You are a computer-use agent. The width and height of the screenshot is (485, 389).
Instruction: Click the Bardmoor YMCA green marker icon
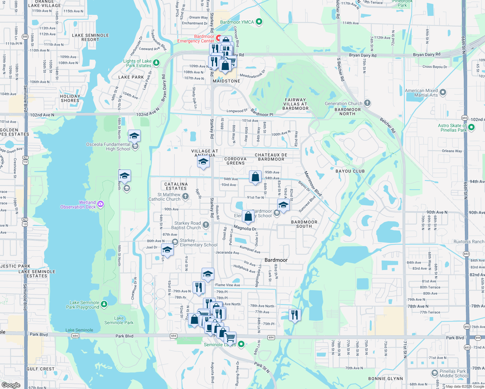pos(259,22)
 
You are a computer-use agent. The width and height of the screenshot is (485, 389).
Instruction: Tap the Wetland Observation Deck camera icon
pos(101,204)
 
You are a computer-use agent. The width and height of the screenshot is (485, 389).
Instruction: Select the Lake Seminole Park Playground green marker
pos(104,304)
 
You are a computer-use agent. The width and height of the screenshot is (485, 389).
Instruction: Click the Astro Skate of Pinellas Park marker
pos(471,127)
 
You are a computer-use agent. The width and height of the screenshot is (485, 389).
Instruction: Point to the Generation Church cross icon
pos(367,103)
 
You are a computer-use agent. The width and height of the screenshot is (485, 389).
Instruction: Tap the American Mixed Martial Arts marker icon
pos(443,92)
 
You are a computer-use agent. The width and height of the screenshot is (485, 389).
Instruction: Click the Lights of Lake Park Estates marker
pos(156,63)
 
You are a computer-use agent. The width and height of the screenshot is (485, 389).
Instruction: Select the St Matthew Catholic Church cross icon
pos(185,196)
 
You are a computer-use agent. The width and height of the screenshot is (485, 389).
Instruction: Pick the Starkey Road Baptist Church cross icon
pos(206,225)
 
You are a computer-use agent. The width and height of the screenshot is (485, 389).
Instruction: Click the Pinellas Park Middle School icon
pos(435,373)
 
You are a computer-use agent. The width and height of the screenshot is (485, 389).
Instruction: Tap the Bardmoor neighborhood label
pos(276,260)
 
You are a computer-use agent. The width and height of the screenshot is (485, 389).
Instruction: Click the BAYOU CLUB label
pos(350,171)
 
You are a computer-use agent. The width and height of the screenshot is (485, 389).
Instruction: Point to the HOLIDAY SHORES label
pos(70,98)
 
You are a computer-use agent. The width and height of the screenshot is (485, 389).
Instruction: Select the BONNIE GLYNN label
pos(385,379)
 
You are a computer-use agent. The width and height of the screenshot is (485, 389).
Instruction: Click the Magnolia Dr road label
pos(245,228)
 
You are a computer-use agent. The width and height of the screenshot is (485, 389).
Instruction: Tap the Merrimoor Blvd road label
pos(313,184)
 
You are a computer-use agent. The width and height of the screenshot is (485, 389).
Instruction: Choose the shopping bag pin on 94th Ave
pos(255,177)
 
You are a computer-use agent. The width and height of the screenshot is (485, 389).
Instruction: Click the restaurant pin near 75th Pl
pos(294,315)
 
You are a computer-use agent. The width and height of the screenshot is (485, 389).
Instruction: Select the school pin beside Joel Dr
pos(167,251)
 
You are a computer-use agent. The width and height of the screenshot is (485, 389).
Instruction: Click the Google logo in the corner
pos(11,385)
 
